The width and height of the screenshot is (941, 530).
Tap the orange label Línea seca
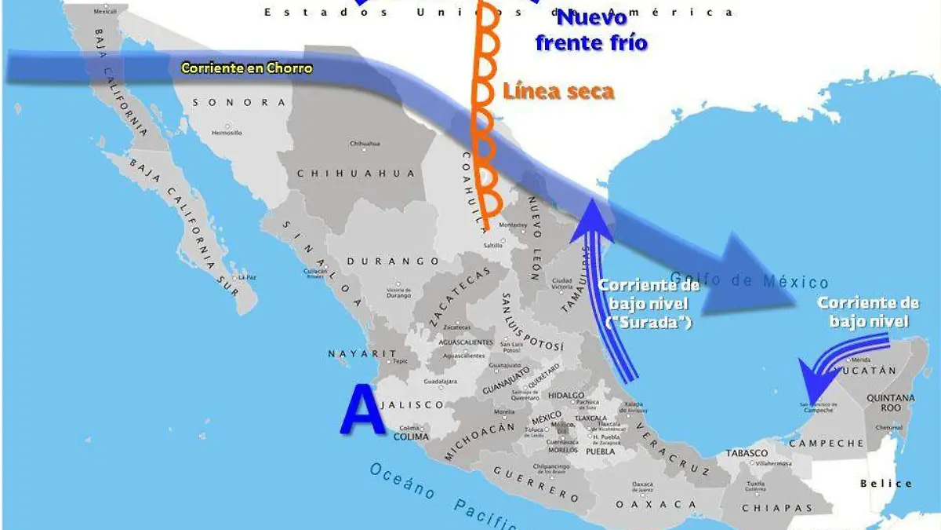558,91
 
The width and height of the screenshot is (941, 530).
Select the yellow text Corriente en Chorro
246,68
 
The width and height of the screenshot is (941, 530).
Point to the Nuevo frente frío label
592,31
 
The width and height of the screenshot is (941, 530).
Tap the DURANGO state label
393,261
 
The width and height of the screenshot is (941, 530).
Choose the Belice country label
886,484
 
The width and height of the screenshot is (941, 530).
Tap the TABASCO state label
746,454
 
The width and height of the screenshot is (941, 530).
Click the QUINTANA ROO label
890,403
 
